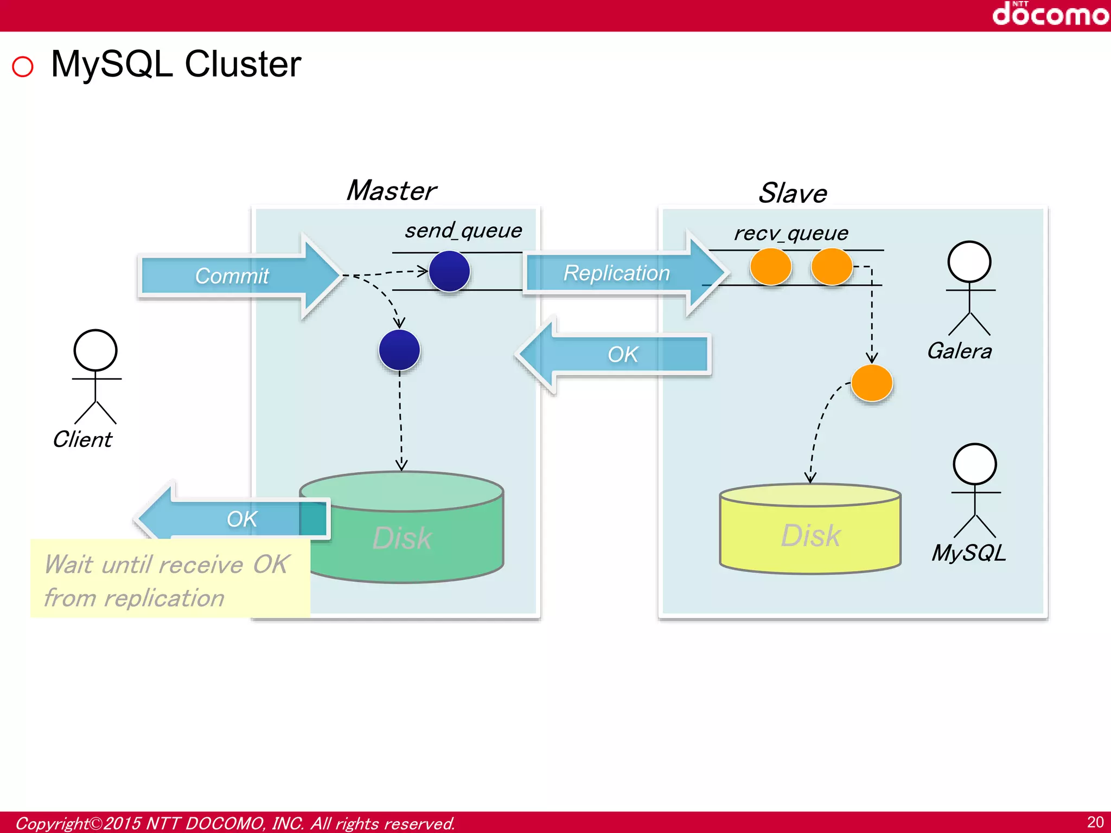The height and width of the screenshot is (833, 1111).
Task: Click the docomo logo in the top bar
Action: click(x=1050, y=14)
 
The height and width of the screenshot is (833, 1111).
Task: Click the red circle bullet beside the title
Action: click(x=23, y=67)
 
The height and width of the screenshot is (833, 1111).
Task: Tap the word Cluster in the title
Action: click(x=242, y=65)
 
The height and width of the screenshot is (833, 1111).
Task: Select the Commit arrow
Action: click(x=239, y=275)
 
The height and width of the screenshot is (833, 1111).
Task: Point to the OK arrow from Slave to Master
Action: click(x=618, y=355)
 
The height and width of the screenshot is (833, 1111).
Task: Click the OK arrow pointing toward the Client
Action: click(x=233, y=518)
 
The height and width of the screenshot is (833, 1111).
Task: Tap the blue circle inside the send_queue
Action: click(x=449, y=271)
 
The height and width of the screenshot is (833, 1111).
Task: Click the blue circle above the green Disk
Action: click(x=399, y=350)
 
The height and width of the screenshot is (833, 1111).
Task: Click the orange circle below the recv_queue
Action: click(x=872, y=383)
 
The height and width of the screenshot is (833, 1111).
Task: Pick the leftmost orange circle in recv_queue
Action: click(x=770, y=267)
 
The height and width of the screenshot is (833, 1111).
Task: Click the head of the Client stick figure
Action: click(x=95, y=350)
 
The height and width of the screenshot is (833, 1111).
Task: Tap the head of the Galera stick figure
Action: click(x=969, y=261)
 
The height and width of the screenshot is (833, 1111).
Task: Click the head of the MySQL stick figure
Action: click(x=975, y=464)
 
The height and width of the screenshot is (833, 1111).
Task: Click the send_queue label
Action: click(x=463, y=230)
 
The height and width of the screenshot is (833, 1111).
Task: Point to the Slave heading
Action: click(x=793, y=193)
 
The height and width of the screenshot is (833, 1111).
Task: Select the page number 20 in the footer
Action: click(x=1095, y=822)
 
